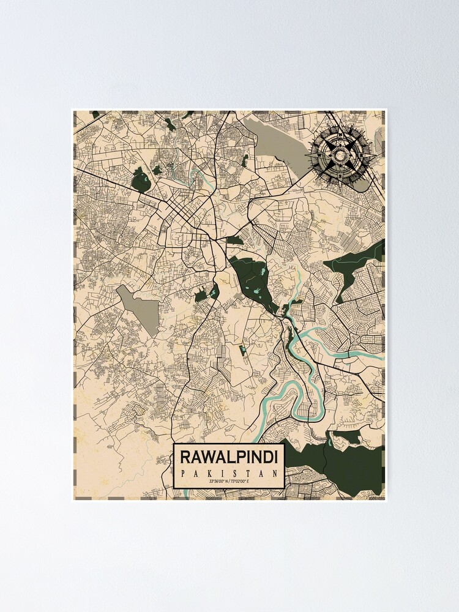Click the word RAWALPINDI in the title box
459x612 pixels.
pos(229,457)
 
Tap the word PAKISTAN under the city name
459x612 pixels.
pos(229,473)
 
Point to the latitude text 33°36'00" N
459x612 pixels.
pos(218,483)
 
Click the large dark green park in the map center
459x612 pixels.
pos(254,278)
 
